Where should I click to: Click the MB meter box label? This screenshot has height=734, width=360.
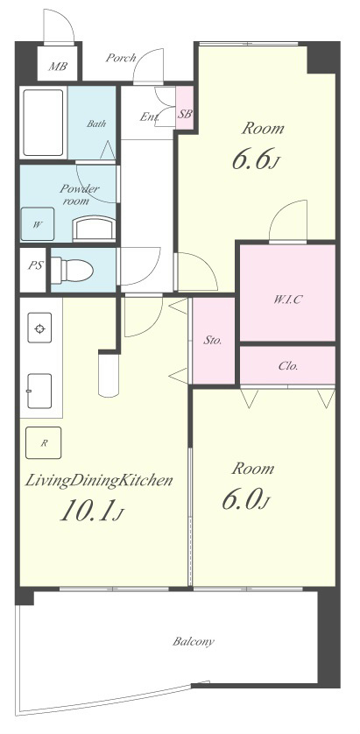point(58,66)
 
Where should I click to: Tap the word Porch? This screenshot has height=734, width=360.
point(121,58)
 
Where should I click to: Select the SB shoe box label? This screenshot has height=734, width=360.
point(185,113)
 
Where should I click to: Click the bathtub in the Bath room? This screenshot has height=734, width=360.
point(43,123)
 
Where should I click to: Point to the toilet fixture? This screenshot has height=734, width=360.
point(72,270)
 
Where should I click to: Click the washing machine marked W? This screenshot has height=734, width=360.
point(38,224)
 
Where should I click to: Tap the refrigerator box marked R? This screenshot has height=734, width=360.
point(43,442)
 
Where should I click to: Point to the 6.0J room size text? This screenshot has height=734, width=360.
point(245,500)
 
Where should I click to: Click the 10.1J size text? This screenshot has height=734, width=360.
point(92,511)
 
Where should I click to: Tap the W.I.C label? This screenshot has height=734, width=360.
point(287,300)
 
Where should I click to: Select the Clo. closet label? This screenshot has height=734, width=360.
point(288,365)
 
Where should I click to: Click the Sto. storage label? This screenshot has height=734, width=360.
point(212,341)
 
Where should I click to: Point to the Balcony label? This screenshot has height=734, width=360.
point(194,641)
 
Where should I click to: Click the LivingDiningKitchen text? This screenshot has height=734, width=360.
point(99,480)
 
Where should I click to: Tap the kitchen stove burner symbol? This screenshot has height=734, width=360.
point(39,328)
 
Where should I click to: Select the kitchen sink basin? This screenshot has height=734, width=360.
point(39,391)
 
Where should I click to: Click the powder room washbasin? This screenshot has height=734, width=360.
point(94,228)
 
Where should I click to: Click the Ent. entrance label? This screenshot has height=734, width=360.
point(149,116)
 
